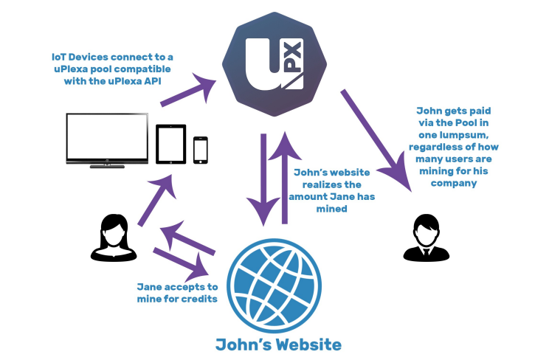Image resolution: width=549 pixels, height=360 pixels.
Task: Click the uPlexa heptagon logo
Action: click(x=274, y=64)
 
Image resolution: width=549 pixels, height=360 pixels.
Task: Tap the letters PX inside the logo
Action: click(x=294, y=57)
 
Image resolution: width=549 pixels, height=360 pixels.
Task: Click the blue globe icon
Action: click(x=274, y=285)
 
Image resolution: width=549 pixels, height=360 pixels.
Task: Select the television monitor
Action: click(x=107, y=140)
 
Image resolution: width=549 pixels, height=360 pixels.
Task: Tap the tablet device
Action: click(x=171, y=144)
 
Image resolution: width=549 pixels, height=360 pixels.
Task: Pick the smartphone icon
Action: click(x=201, y=150)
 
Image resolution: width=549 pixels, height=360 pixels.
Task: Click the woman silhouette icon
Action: click(x=114, y=238)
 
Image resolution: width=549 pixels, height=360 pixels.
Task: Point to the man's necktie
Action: click(x=426, y=252)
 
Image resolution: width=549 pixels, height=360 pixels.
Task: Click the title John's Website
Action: click(x=278, y=345)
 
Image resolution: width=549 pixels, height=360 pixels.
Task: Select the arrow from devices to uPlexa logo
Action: click(x=188, y=90)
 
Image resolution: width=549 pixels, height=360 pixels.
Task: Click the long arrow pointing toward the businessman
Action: click(x=377, y=141)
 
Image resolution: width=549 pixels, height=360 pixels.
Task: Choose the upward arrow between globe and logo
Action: click(x=285, y=178)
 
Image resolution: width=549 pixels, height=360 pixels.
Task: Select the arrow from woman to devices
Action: click(x=156, y=200)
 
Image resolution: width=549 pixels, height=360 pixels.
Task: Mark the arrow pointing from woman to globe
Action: click(x=182, y=263)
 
